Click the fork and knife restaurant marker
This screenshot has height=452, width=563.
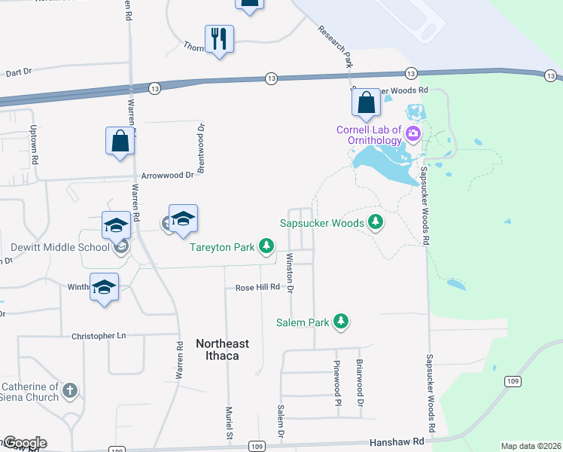pos(219,39)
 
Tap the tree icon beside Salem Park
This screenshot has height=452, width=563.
pos(342,322)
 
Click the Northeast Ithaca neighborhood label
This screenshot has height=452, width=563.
pos(222,348)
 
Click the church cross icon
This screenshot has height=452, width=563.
pos(70,390)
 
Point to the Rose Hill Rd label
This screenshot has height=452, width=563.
pos(257,287)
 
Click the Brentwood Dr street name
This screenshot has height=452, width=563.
pos(202,149)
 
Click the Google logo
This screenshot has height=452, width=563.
pos(24,443)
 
